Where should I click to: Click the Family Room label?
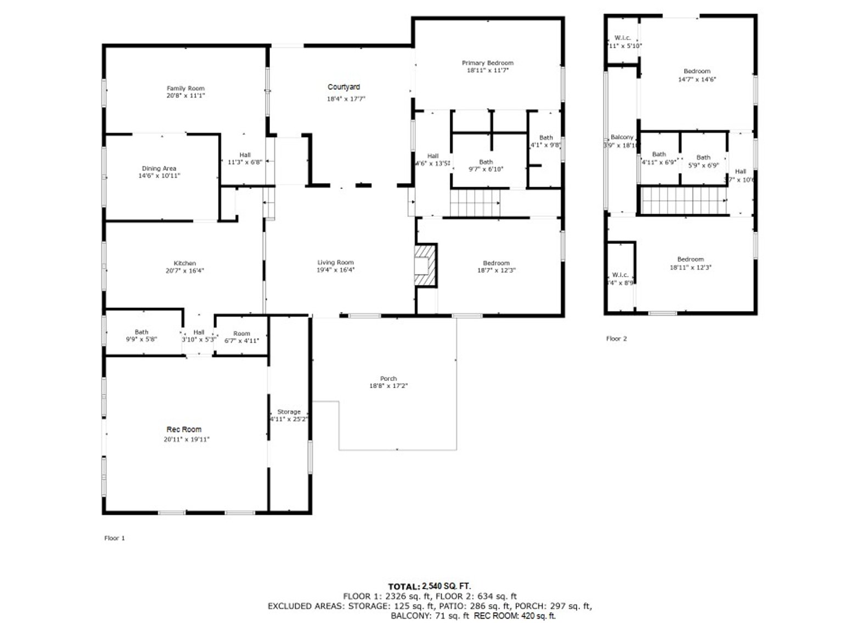pyautogui.click(x=185, y=88)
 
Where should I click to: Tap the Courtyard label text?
pyautogui.click(x=344, y=87)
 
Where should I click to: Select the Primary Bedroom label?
pyautogui.click(x=487, y=63)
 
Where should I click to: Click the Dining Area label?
pyautogui.click(x=159, y=169)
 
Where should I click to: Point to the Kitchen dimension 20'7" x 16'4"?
pyautogui.click(x=185, y=271)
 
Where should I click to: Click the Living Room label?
pyautogui.click(x=335, y=262)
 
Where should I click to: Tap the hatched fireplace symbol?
pyautogui.click(x=425, y=265)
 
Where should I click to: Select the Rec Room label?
pyautogui.click(x=184, y=430)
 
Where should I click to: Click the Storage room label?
pyautogui.click(x=289, y=412)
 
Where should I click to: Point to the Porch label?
pyautogui.click(x=388, y=379)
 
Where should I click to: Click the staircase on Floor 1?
pyautogui.click(x=475, y=203)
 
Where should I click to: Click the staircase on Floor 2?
pyautogui.click(x=684, y=200)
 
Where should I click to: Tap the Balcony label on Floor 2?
pyautogui.click(x=622, y=137)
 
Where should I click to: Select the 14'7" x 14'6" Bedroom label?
pyautogui.click(x=697, y=71)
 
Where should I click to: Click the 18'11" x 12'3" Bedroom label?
pyautogui.click(x=690, y=260)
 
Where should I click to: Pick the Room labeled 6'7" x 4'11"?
pyautogui.click(x=241, y=334)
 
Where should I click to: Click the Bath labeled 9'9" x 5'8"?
pyautogui.click(x=142, y=332)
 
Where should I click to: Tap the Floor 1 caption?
pyautogui.click(x=115, y=538)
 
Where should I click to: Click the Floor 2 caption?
pyautogui.click(x=616, y=339)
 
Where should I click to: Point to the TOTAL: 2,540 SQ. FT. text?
pyautogui.click(x=429, y=586)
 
